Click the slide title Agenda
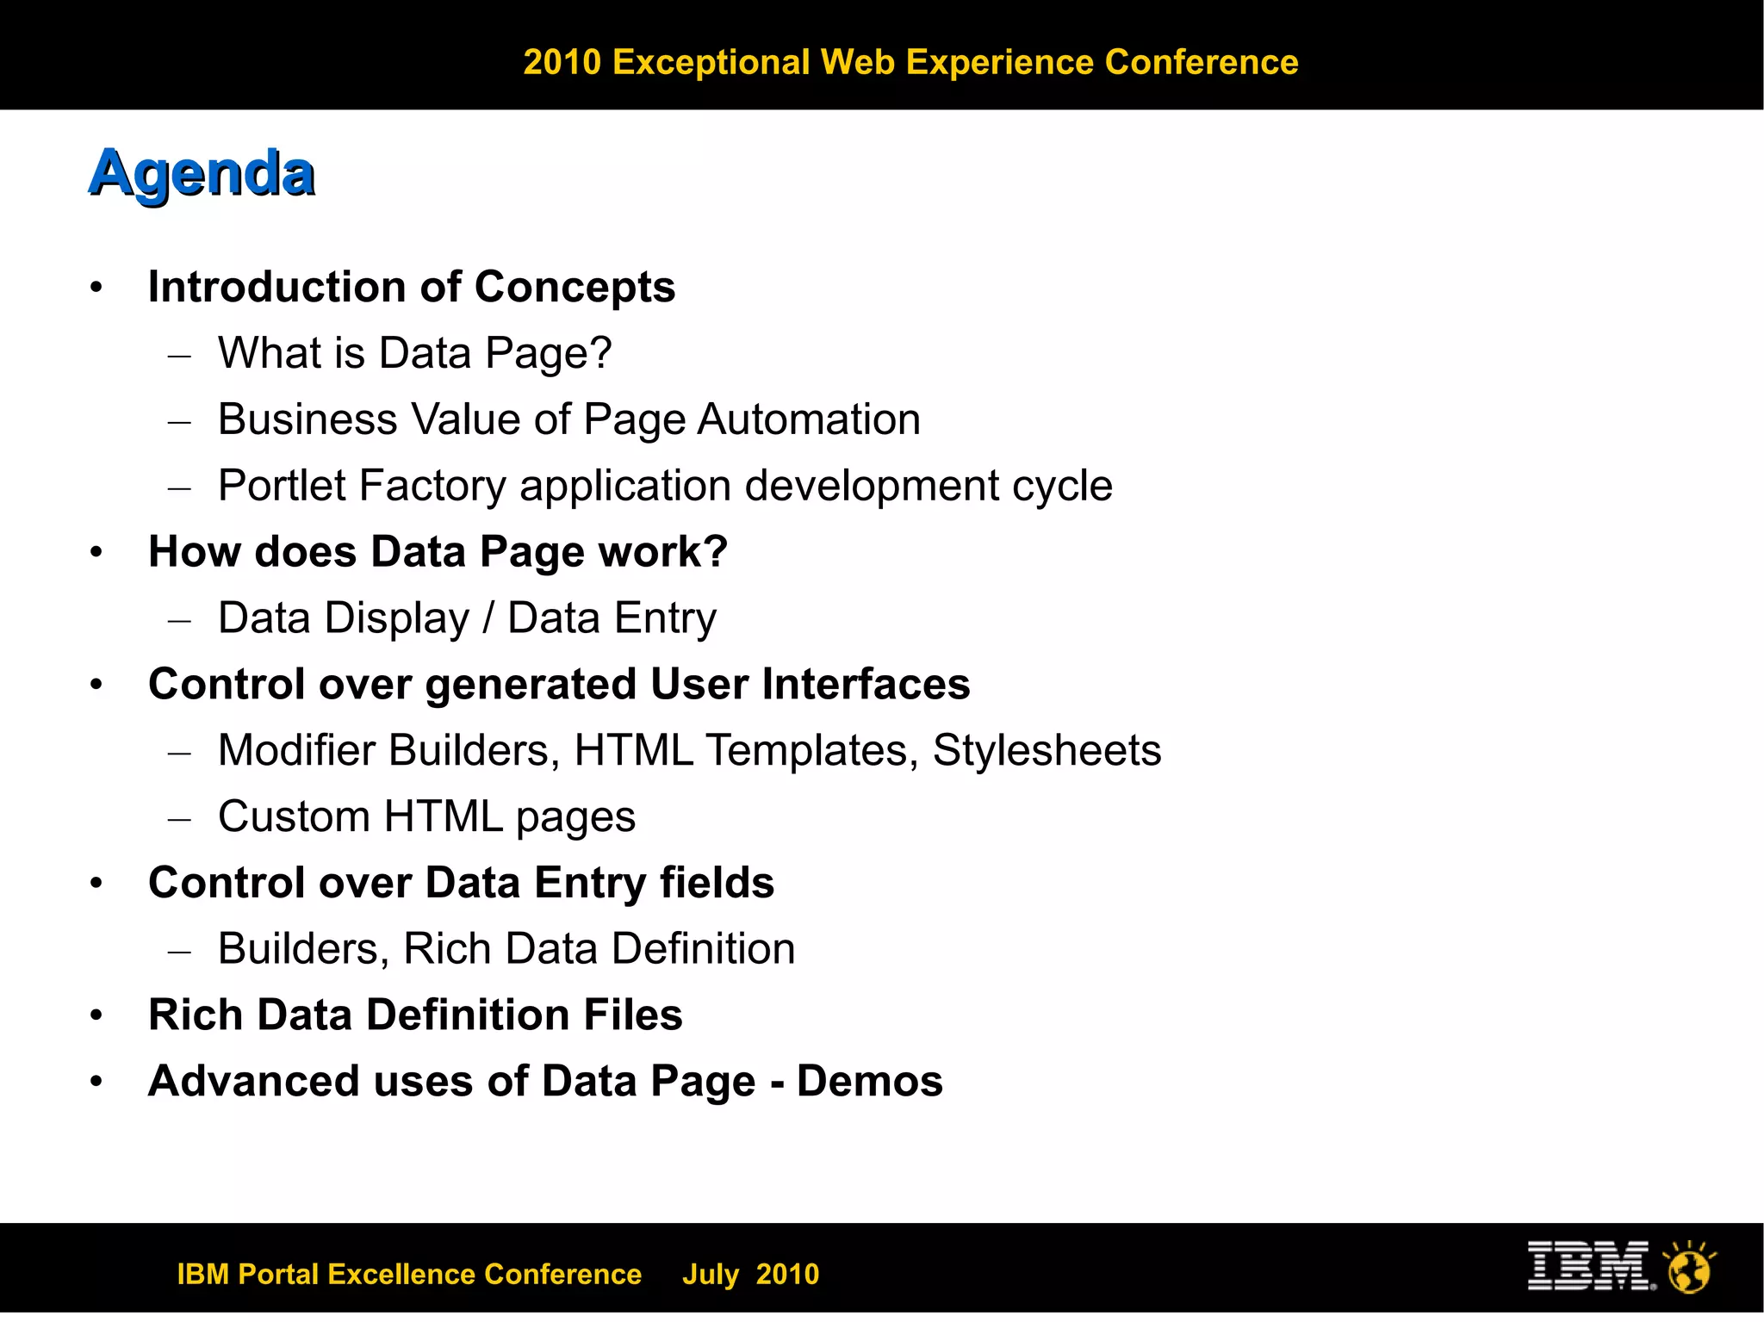pos(202,175)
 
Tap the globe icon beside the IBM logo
pos(1689,1268)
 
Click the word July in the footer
pos(711,1274)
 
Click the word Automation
pos(809,419)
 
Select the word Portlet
pos(282,486)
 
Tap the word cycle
pos(1062,486)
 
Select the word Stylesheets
pos(1047,750)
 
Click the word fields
pos(717,883)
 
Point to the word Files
pos(633,1015)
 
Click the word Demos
pos(870,1081)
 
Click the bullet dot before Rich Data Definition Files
pos(96,1015)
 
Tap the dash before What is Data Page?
pos(179,355)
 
